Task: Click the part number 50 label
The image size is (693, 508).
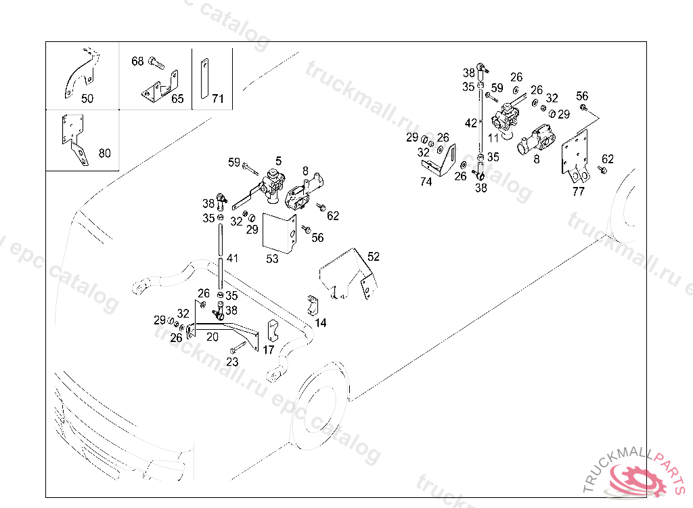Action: click(x=87, y=98)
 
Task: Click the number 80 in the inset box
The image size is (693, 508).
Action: click(x=104, y=153)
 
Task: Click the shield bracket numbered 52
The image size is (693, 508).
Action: click(x=346, y=274)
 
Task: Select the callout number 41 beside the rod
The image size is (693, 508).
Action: click(x=233, y=258)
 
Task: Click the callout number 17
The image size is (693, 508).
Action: click(x=269, y=350)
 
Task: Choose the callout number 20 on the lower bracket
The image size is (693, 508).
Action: click(x=213, y=337)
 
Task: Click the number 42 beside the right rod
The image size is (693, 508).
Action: click(x=471, y=123)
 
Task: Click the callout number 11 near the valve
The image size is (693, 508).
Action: click(x=493, y=137)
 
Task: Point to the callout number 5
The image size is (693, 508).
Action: click(x=278, y=161)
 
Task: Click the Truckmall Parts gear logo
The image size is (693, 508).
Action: click(x=638, y=478)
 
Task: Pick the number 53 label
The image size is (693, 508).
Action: click(x=272, y=259)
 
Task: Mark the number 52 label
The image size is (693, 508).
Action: click(x=374, y=256)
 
